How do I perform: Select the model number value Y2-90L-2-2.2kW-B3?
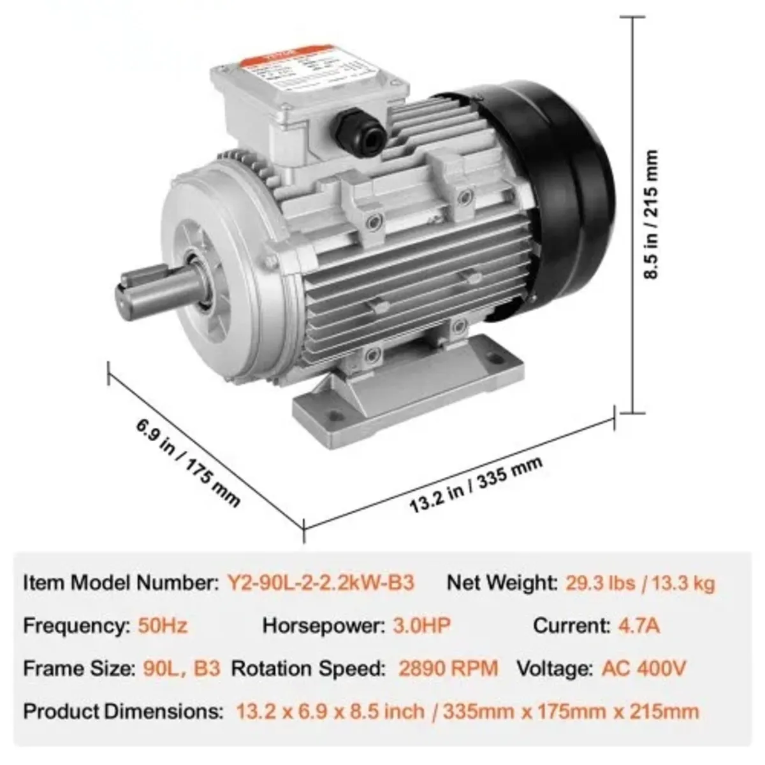click(321, 583)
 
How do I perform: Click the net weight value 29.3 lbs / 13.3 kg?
click(640, 583)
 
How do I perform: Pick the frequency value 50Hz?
click(163, 625)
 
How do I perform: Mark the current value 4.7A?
click(639, 625)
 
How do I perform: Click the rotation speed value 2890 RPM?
click(448, 669)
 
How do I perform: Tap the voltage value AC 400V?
click(644, 669)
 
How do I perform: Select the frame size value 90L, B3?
click(179, 669)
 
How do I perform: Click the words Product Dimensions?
click(124, 711)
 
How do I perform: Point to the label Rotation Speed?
click(309, 669)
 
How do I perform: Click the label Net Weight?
click(502, 583)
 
